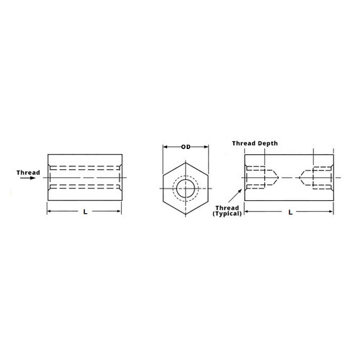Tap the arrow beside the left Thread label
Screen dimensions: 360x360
[28, 181]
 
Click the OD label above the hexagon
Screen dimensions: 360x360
[186, 147]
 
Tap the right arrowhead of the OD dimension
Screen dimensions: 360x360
[205, 147]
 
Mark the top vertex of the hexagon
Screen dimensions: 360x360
[186, 162]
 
